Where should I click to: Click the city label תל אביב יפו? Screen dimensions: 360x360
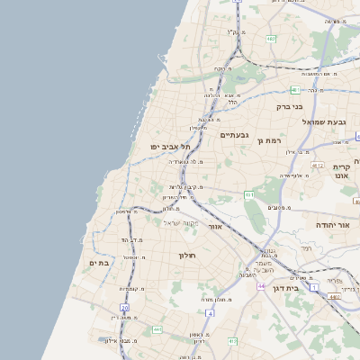point(155,146)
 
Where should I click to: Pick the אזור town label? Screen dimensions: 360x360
point(214,227)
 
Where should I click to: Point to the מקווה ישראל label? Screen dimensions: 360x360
point(180,222)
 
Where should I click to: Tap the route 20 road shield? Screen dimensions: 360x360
point(124,309)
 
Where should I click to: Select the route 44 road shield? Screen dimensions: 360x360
point(258,286)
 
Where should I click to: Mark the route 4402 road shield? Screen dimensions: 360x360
point(335,296)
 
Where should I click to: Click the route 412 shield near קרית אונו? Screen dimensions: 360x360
point(317,166)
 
